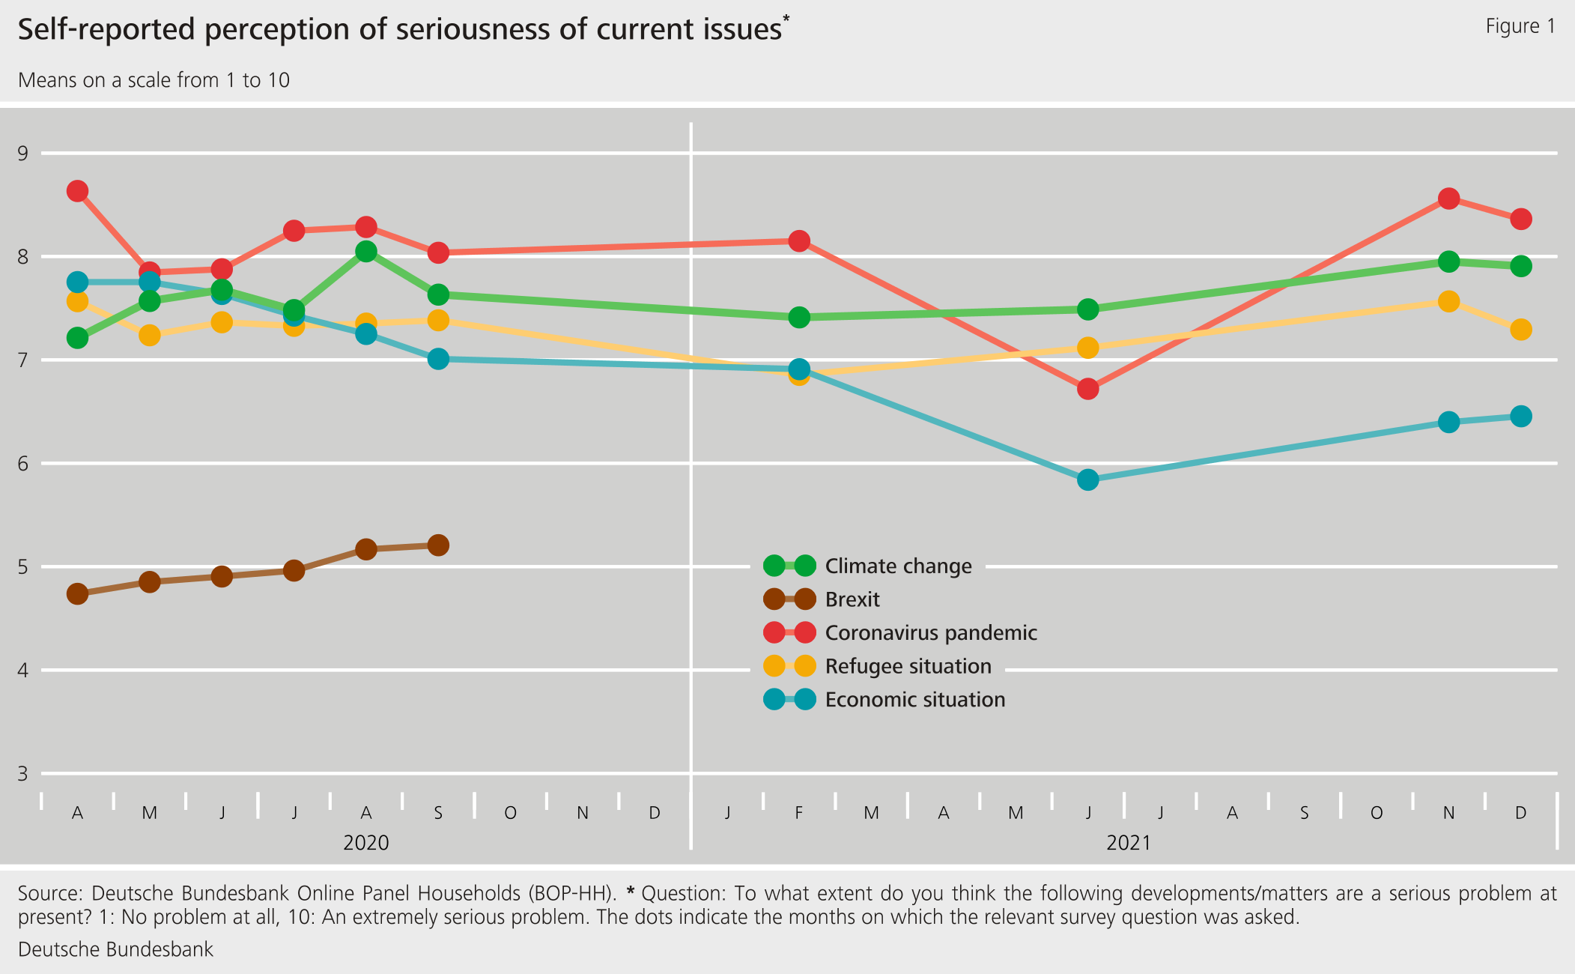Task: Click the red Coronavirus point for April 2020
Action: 77,191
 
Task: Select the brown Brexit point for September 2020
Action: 438,545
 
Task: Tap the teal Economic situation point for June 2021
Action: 1087,480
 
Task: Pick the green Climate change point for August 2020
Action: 365,251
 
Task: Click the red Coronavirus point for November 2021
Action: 1448,199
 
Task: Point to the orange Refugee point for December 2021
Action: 1520,330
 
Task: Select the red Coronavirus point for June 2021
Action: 1087,388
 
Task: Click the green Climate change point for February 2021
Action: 799,317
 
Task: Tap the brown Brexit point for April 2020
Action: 77,594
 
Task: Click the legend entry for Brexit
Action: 852,599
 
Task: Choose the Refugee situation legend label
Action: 908,666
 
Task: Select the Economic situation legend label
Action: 914,700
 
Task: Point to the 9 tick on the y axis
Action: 22,154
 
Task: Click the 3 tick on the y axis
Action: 22,773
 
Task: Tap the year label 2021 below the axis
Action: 1128,843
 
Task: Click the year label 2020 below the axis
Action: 365,843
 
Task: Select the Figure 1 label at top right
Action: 1520,26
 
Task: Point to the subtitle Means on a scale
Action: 154,80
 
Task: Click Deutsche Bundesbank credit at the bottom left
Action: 115,949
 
